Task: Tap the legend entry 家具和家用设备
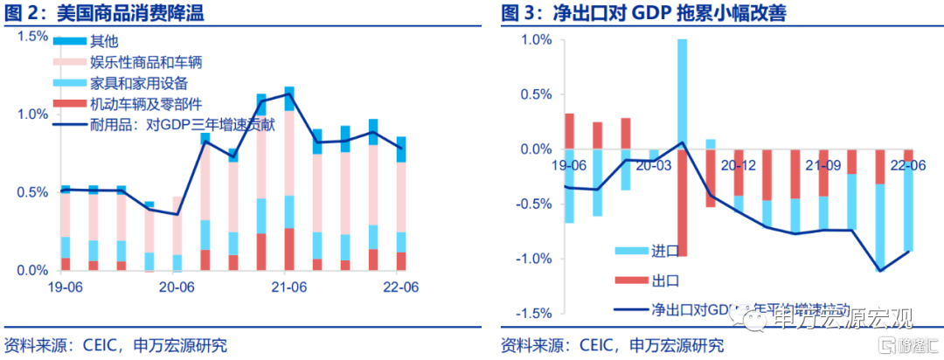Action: (x=138, y=83)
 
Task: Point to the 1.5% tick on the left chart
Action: (x=32, y=36)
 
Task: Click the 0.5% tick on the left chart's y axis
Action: (x=32, y=192)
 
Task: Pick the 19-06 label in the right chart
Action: (x=569, y=164)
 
